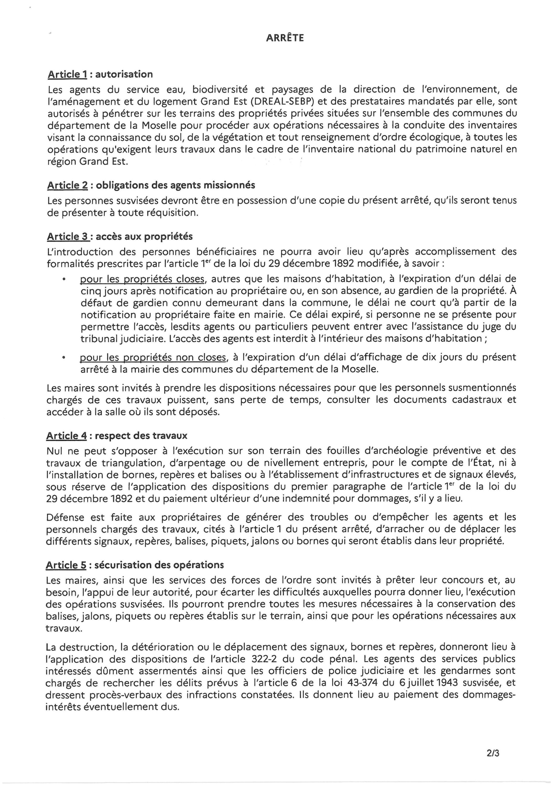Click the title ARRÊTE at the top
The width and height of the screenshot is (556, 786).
click(285, 38)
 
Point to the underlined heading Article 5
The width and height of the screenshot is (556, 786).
click(66, 565)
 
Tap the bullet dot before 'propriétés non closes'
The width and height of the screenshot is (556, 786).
click(63, 358)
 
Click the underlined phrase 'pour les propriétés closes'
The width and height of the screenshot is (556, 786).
click(142, 279)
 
